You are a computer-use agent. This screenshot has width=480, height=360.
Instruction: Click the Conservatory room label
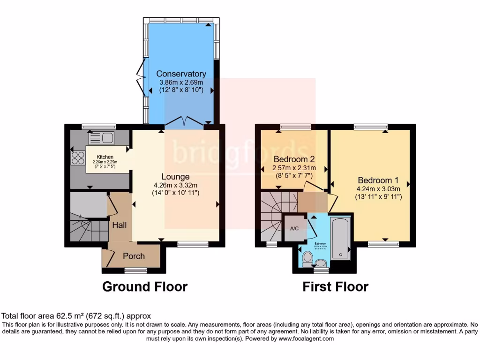pos(181,74)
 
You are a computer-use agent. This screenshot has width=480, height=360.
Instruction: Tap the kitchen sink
pos(101,138)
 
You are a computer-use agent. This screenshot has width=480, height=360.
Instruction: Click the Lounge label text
pos(175,177)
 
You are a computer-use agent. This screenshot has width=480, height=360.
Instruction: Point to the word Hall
pos(119,225)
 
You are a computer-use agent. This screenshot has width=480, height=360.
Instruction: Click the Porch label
pos(134,256)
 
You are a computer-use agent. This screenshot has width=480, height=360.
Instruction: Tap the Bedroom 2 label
pos(294,158)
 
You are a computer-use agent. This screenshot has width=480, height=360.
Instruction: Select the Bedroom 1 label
pos(378,180)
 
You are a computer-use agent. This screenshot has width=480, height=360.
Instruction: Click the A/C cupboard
pos(295,228)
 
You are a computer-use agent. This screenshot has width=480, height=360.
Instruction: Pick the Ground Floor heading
pos(145,286)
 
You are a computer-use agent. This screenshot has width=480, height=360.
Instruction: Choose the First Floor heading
pos(335,286)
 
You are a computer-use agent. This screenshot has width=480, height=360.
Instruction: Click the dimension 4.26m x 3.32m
pos(175,185)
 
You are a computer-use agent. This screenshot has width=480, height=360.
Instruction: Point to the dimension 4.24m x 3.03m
pos(378,188)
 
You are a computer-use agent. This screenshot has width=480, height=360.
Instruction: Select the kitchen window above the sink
pos(98,126)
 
